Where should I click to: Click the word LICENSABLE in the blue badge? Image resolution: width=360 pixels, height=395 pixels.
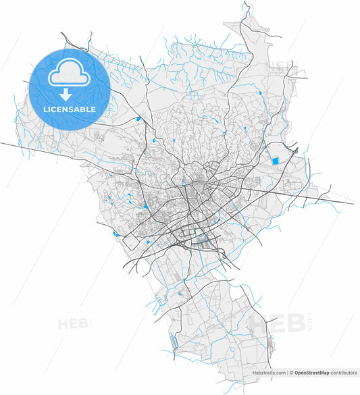coord(70,109)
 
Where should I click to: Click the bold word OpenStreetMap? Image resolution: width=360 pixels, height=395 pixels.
coord(311,390)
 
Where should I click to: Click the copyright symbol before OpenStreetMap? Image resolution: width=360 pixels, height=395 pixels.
coord(290,390)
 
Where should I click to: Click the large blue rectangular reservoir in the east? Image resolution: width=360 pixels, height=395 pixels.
coord(275,161)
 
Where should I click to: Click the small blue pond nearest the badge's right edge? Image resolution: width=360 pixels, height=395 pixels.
coord(139,119)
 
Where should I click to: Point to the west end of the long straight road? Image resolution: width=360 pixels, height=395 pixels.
coord(1,142)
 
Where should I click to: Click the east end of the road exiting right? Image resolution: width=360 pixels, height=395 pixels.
coord(354,203)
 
